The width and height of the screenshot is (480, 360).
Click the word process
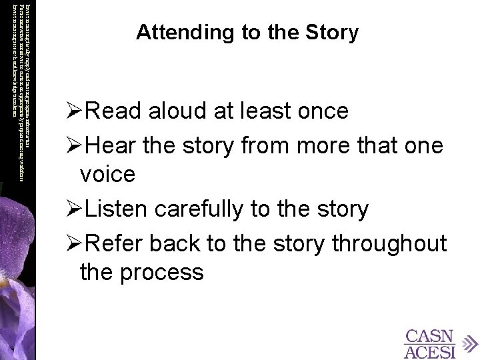[160, 273]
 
